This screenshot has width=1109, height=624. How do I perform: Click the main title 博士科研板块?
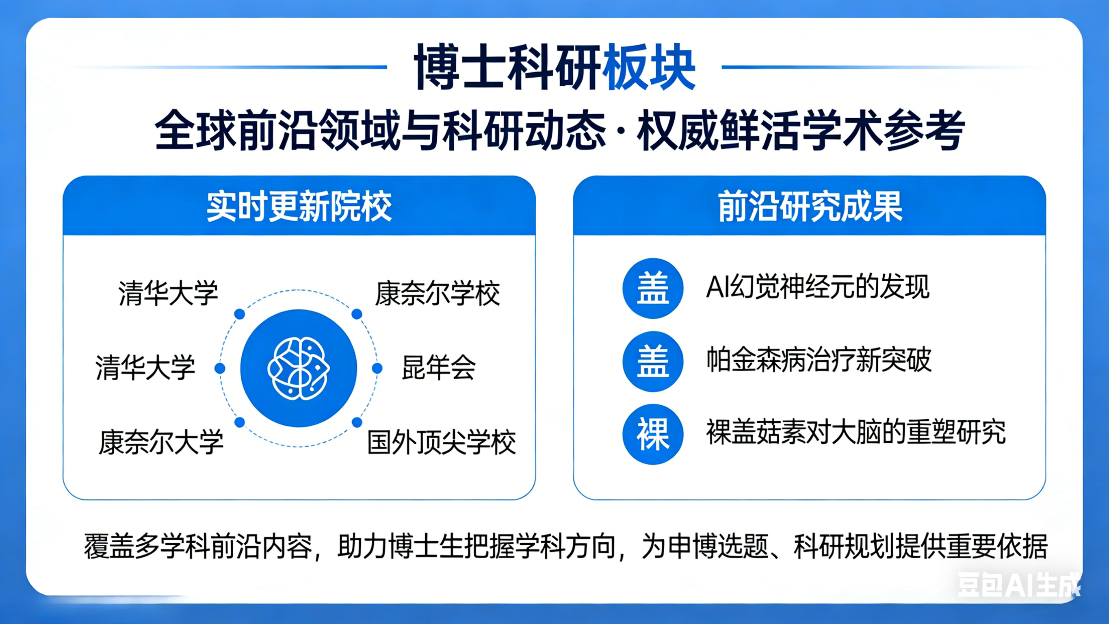pyautogui.click(x=554, y=67)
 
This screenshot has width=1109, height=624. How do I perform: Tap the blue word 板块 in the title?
pyautogui.click(x=649, y=67)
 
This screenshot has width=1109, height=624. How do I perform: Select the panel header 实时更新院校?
pyautogui.click(x=299, y=207)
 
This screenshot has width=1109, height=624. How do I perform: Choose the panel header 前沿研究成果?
pyautogui.click(x=810, y=207)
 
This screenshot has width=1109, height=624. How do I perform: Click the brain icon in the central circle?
pyautogui.click(x=298, y=368)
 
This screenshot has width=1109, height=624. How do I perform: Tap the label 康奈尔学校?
pyautogui.click(x=438, y=294)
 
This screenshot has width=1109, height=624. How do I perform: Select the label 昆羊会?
pyautogui.click(x=439, y=368)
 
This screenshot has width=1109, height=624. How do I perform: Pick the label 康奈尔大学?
pyautogui.click(x=161, y=442)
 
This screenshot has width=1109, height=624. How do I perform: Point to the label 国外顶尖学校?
pyautogui.click(x=442, y=442)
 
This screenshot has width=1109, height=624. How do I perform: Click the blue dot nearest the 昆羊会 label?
pyautogui.click(x=377, y=368)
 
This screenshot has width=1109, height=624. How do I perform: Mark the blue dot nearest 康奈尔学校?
pyautogui.click(x=357, y=314)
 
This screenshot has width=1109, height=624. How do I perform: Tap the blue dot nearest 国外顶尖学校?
pyautogui.click(x=357, y=422)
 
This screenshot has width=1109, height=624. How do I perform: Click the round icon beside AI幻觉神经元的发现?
pyautogui.click(x=653, y=288)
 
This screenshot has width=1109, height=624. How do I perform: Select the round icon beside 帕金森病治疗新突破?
pyautogui.click(x=653, y=361)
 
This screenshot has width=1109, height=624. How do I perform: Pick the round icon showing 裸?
pyautogui.click(x=653, y=435)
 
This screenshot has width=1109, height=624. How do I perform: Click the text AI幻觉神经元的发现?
pyautogui.click(x=818, y=287)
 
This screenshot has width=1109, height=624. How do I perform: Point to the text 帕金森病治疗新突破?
pyautogui.click(x=819, y=360)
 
